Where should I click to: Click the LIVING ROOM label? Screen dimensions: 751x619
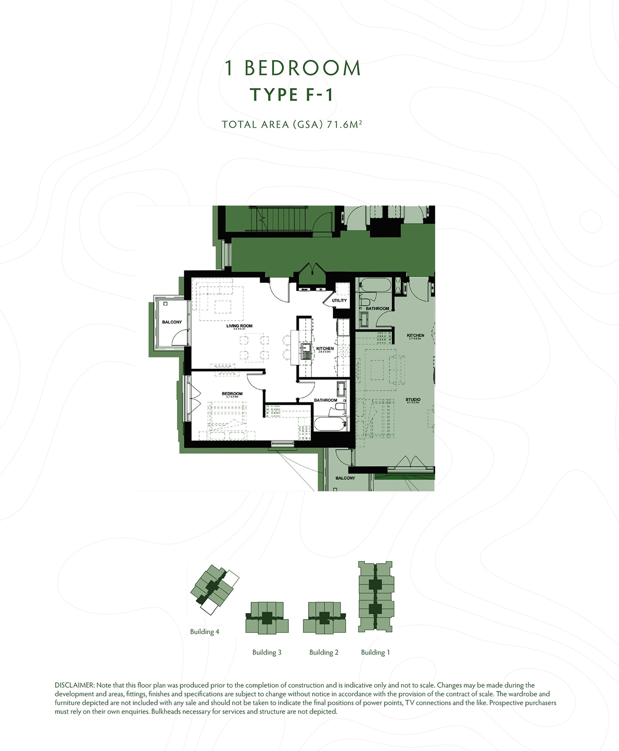(239, 326)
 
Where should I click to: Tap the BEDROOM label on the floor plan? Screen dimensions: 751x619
(232, 394)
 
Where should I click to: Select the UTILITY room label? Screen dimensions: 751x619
(339, 300)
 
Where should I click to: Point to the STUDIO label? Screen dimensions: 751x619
(413, 400)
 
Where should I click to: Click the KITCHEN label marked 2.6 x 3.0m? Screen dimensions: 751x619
(325, 349)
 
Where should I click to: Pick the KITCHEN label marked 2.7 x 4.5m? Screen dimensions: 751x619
(415, 336)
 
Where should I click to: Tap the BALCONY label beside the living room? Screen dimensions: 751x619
(172, 322)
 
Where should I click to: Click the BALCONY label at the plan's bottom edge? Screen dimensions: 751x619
(345, 478)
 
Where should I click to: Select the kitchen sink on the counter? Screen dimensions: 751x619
(305, 350)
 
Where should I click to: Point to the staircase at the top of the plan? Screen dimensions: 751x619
(278, 218)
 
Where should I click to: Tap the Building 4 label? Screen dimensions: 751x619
(205, 632)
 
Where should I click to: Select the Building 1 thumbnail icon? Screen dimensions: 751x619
(375, 597)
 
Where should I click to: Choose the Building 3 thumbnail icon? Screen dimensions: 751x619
(267, 618)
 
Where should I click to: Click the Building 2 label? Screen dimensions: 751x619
(324, 652)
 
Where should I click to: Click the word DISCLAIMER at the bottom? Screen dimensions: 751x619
(74, 685)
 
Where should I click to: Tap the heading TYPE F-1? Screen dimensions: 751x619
(292, 95)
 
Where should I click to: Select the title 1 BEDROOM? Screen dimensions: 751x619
(293, 68)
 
